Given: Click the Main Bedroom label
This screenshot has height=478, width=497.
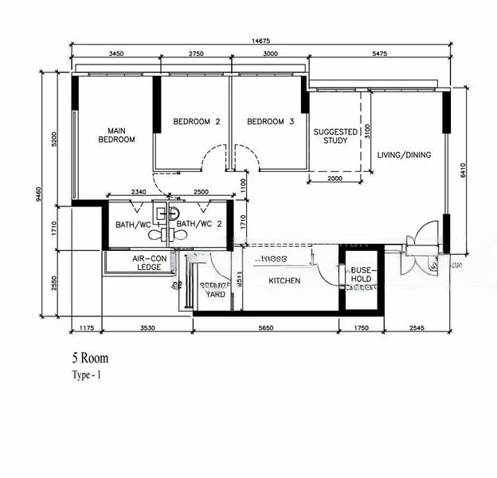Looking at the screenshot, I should (116, 135).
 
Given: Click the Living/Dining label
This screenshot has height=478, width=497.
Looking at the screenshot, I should (404, 155).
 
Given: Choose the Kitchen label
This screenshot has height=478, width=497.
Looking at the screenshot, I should (284, 281).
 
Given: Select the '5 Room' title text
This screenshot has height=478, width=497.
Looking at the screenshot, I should (89, 359).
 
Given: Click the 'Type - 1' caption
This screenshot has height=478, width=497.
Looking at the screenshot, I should (87, 374).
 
